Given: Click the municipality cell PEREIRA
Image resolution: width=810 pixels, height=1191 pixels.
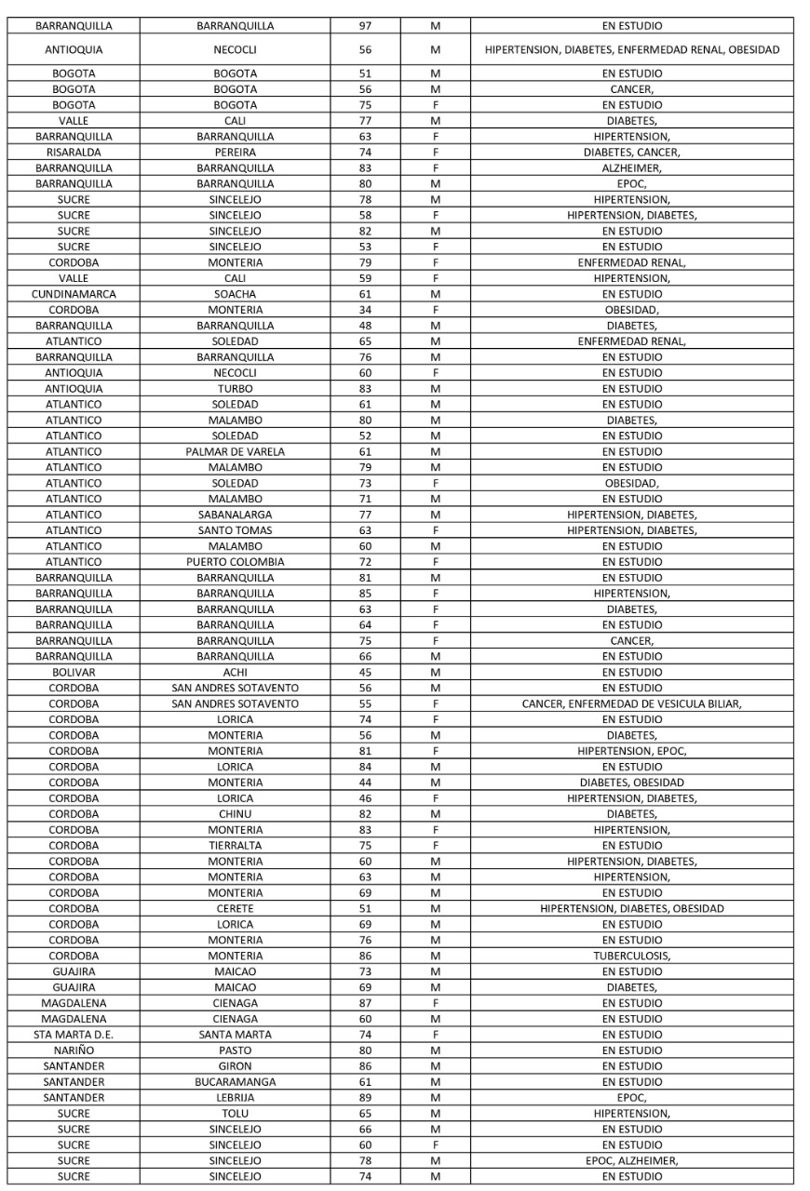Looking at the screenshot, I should click(x=235, y=153).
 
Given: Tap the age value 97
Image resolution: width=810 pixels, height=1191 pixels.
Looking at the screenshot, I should click(x=365, y=26).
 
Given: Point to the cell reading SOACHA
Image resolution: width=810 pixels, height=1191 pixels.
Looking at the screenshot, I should click(x=235, y=294).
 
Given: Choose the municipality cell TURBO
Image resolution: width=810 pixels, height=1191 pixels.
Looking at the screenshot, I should click(x=235, y=389).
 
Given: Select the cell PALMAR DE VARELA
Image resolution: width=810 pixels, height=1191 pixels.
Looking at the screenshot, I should click(x=235, y=452).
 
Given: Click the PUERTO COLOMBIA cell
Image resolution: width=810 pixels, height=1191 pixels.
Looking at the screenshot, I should click(x=235, y=562).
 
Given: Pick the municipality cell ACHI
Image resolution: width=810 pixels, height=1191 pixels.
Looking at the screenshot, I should click(x=235, y=673).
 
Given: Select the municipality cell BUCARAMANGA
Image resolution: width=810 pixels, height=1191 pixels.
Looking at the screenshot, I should click(x=235, y=1082).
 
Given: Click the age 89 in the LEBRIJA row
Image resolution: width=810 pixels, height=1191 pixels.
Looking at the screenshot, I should click(x=365, y=1098).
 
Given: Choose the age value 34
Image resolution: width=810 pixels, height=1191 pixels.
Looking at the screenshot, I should click(x=365, y=310).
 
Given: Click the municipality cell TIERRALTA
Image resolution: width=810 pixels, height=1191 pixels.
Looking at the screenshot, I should click(x=235, y=846).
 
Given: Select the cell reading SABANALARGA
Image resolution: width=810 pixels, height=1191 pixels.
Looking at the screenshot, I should click(x=235, y=515).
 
